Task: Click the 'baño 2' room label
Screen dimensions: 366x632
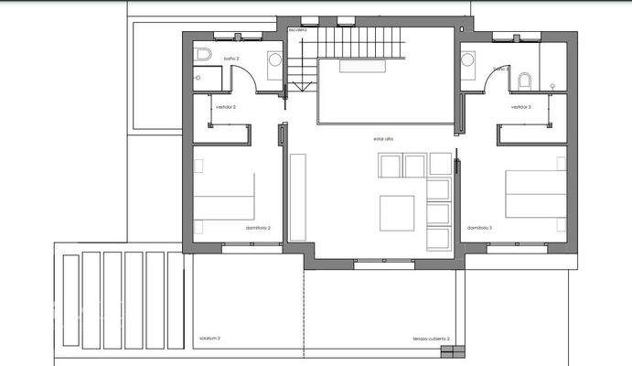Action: [230, 59]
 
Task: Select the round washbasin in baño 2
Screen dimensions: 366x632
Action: [274, 60]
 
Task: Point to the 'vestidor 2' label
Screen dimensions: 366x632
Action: [225, 108]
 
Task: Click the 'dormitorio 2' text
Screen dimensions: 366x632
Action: [258, 228]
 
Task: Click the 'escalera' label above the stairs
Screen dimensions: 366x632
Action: [298, 30]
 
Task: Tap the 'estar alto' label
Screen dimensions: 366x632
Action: [383, 138]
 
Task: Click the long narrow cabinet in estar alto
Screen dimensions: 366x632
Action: [297, 197]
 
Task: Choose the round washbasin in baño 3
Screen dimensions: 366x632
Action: [467, 60]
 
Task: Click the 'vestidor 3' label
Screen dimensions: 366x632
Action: [521, 108]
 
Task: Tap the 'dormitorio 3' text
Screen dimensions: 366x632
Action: [479, 228]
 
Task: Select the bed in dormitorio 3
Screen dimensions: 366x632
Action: [536, 195]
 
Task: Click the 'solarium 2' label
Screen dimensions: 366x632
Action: [209, 339]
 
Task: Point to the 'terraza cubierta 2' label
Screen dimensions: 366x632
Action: [430, 339]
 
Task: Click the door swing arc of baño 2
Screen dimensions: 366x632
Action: [249, 77]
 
